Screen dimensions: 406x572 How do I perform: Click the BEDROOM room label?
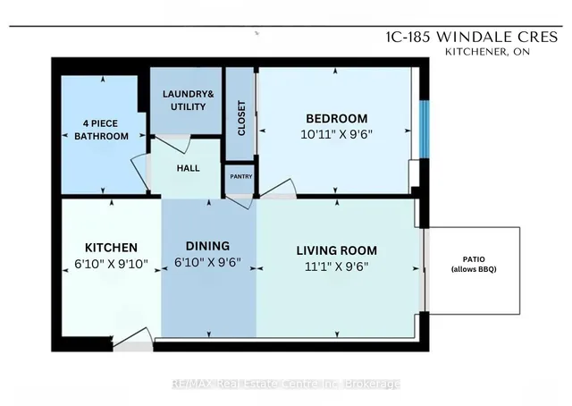(336, 119)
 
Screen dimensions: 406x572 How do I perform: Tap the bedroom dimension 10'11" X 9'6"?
(336, 136)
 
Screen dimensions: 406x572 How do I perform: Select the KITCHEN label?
(110, 247)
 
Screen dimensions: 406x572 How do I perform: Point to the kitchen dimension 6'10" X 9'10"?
(110, 265)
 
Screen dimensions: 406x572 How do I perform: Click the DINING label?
(207, 246)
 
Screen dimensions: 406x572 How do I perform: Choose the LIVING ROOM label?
(337, 250)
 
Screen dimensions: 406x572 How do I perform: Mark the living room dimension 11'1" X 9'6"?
(337, 266)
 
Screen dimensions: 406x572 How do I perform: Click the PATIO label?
(474, 258)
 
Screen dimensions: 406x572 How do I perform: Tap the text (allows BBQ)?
(474, 270)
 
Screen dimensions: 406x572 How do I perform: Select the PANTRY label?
(240, 176)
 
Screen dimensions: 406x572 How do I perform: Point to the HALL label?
(188, 168)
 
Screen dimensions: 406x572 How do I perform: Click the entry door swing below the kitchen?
(132, 335)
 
